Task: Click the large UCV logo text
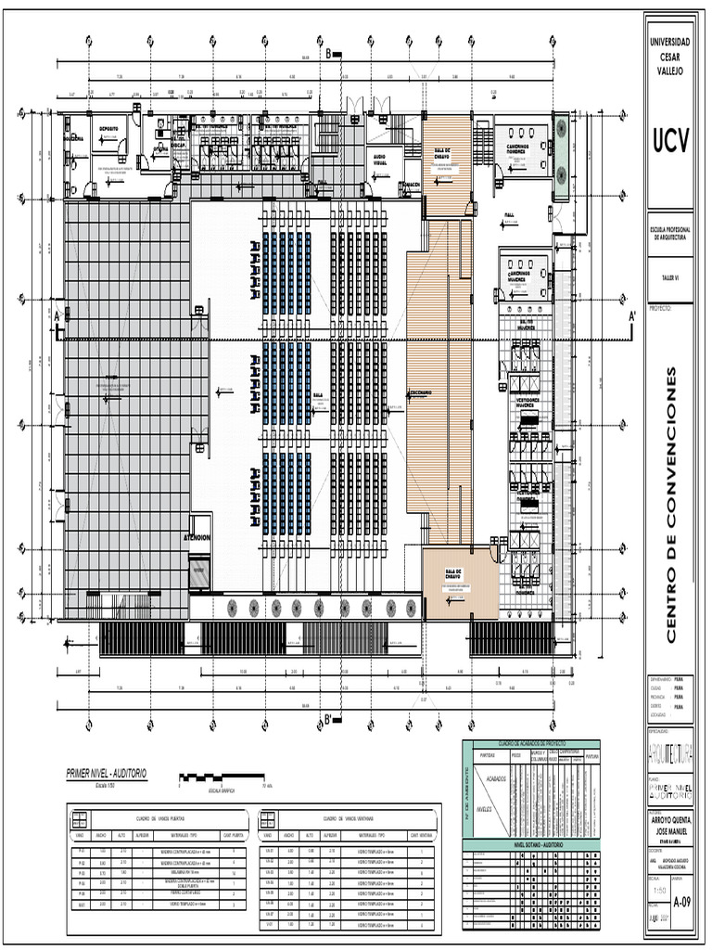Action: [670, 141]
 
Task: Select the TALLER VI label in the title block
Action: [670, 276]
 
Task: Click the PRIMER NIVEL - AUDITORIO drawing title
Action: [106, 773]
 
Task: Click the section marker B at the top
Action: [327, 54]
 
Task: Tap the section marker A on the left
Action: [57, 316]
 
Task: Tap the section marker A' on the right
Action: [632, 316]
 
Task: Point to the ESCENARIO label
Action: [423, 392]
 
